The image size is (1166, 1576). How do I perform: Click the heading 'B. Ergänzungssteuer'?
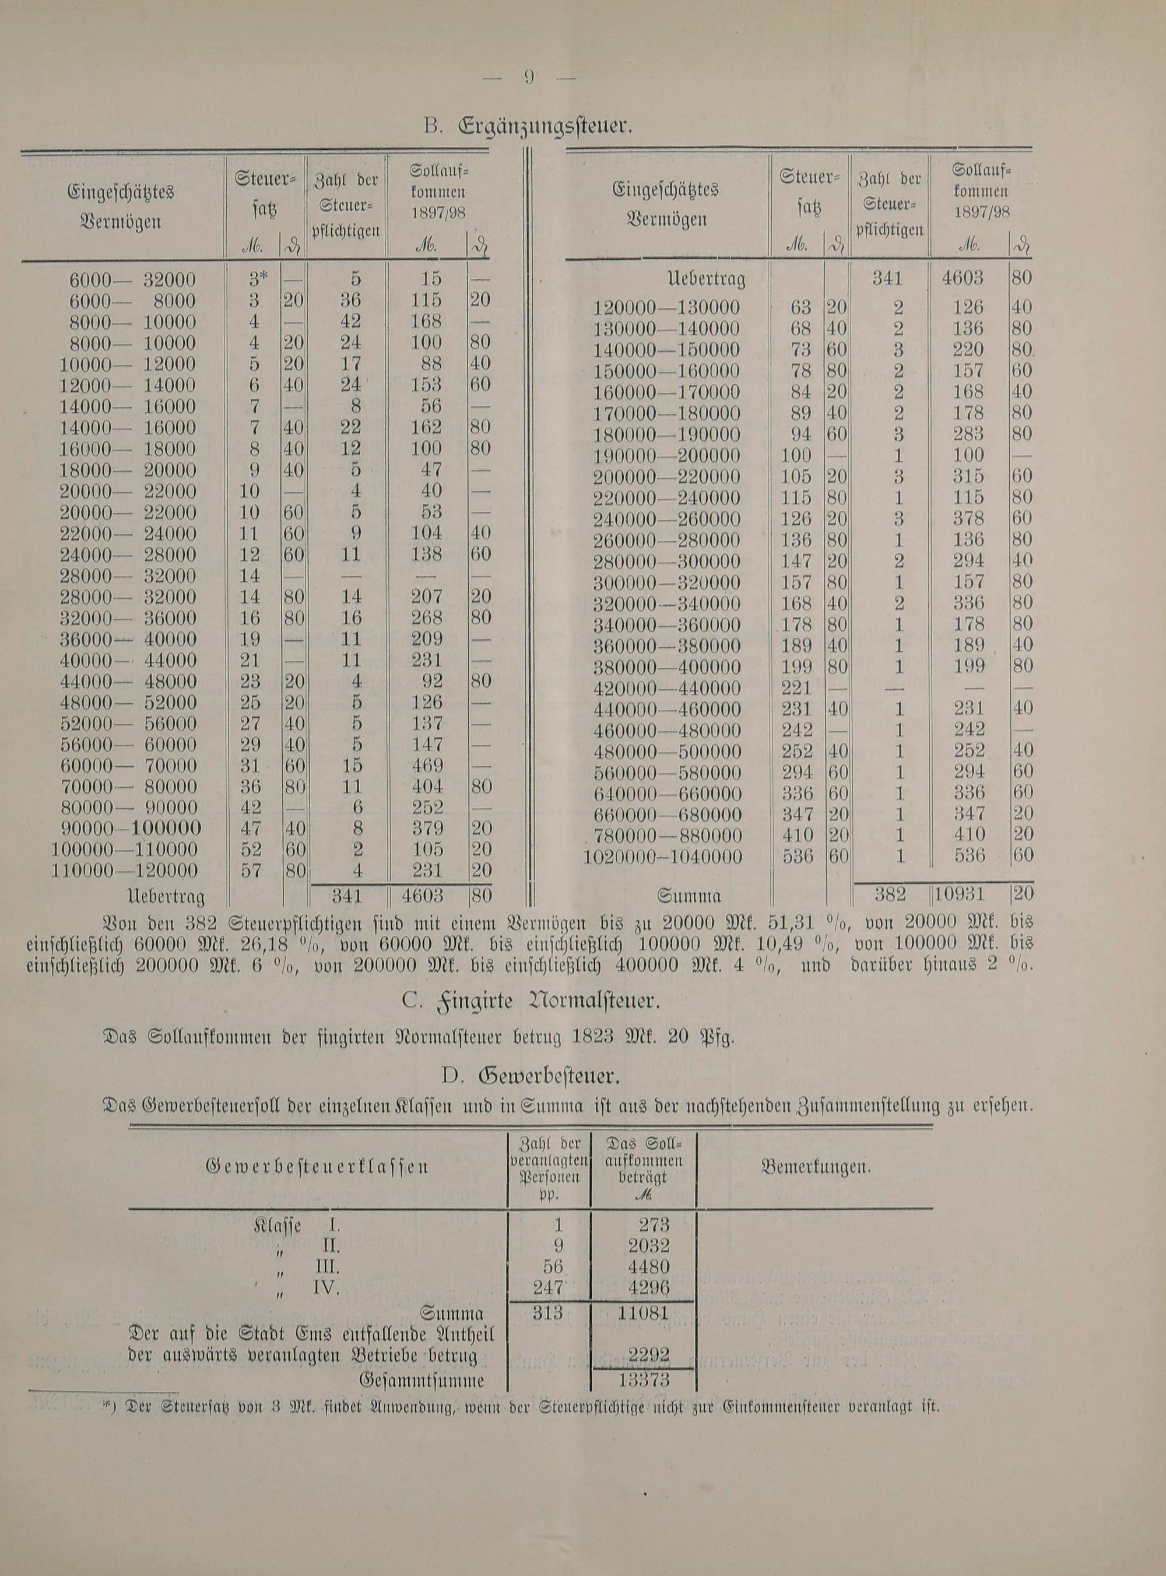pos(528,128)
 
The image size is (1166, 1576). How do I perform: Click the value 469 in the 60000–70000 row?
pos(426,766)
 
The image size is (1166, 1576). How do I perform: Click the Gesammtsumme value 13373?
pos(644,1379)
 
